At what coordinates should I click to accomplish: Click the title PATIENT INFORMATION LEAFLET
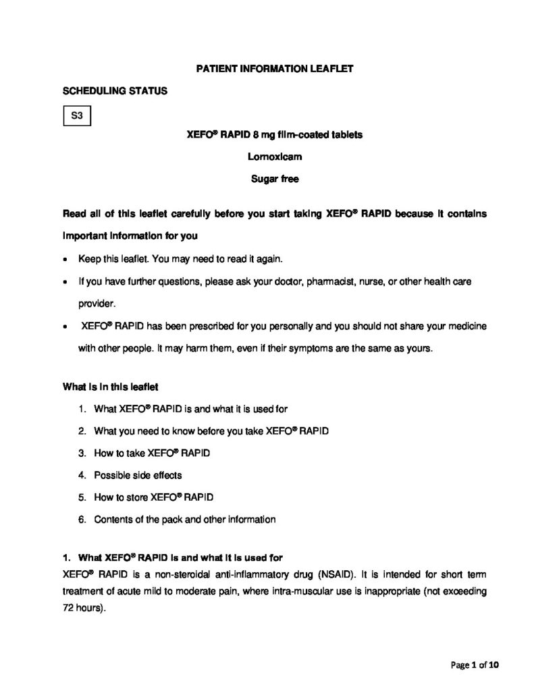274,69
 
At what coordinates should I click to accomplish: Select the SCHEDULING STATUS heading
115,90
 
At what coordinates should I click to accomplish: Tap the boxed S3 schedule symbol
77,116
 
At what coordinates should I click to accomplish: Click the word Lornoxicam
274,157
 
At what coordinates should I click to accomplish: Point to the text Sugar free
274,179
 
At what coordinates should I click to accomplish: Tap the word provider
96,304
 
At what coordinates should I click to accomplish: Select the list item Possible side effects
138,476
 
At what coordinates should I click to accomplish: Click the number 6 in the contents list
81,520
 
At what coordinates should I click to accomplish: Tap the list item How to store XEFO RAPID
154,498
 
